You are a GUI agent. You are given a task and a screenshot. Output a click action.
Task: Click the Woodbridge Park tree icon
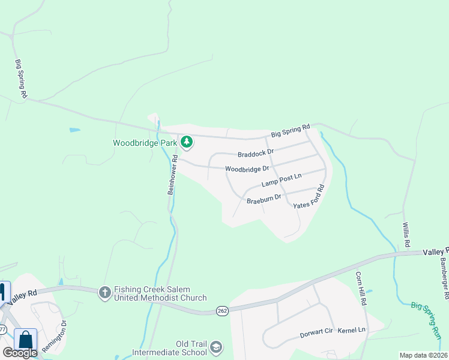click(x=187, y=142)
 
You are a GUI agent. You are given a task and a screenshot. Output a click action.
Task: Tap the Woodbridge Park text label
click(x=145, y=143)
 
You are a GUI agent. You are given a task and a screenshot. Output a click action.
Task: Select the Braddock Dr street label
click(x=255, y=153)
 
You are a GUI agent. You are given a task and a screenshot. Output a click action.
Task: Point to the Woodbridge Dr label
click(x=247, y=169)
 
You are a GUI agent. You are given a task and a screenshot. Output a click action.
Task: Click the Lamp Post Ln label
click(x=281, y=180)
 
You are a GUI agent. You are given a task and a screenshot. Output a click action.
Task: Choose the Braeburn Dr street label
click(x=264, y=197)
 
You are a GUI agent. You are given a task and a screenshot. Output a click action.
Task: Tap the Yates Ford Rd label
click(x=310, y=197)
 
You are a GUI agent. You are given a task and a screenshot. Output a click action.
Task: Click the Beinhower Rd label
click(x=172, y=175)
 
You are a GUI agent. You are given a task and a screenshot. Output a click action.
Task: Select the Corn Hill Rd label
click(x=360, y=289)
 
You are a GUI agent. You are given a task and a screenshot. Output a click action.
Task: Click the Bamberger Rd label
click(x=444, y=278)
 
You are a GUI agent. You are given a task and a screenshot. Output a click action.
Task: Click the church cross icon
click(x=105, y=292)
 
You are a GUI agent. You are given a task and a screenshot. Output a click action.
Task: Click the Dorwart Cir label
click(x=316, y=332)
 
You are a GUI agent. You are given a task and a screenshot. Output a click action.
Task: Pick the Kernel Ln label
click(x=351, y=331)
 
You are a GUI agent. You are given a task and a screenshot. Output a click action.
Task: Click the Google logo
click(x=20, y=353)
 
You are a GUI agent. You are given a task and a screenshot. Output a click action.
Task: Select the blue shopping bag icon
click(x=26, y=339)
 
